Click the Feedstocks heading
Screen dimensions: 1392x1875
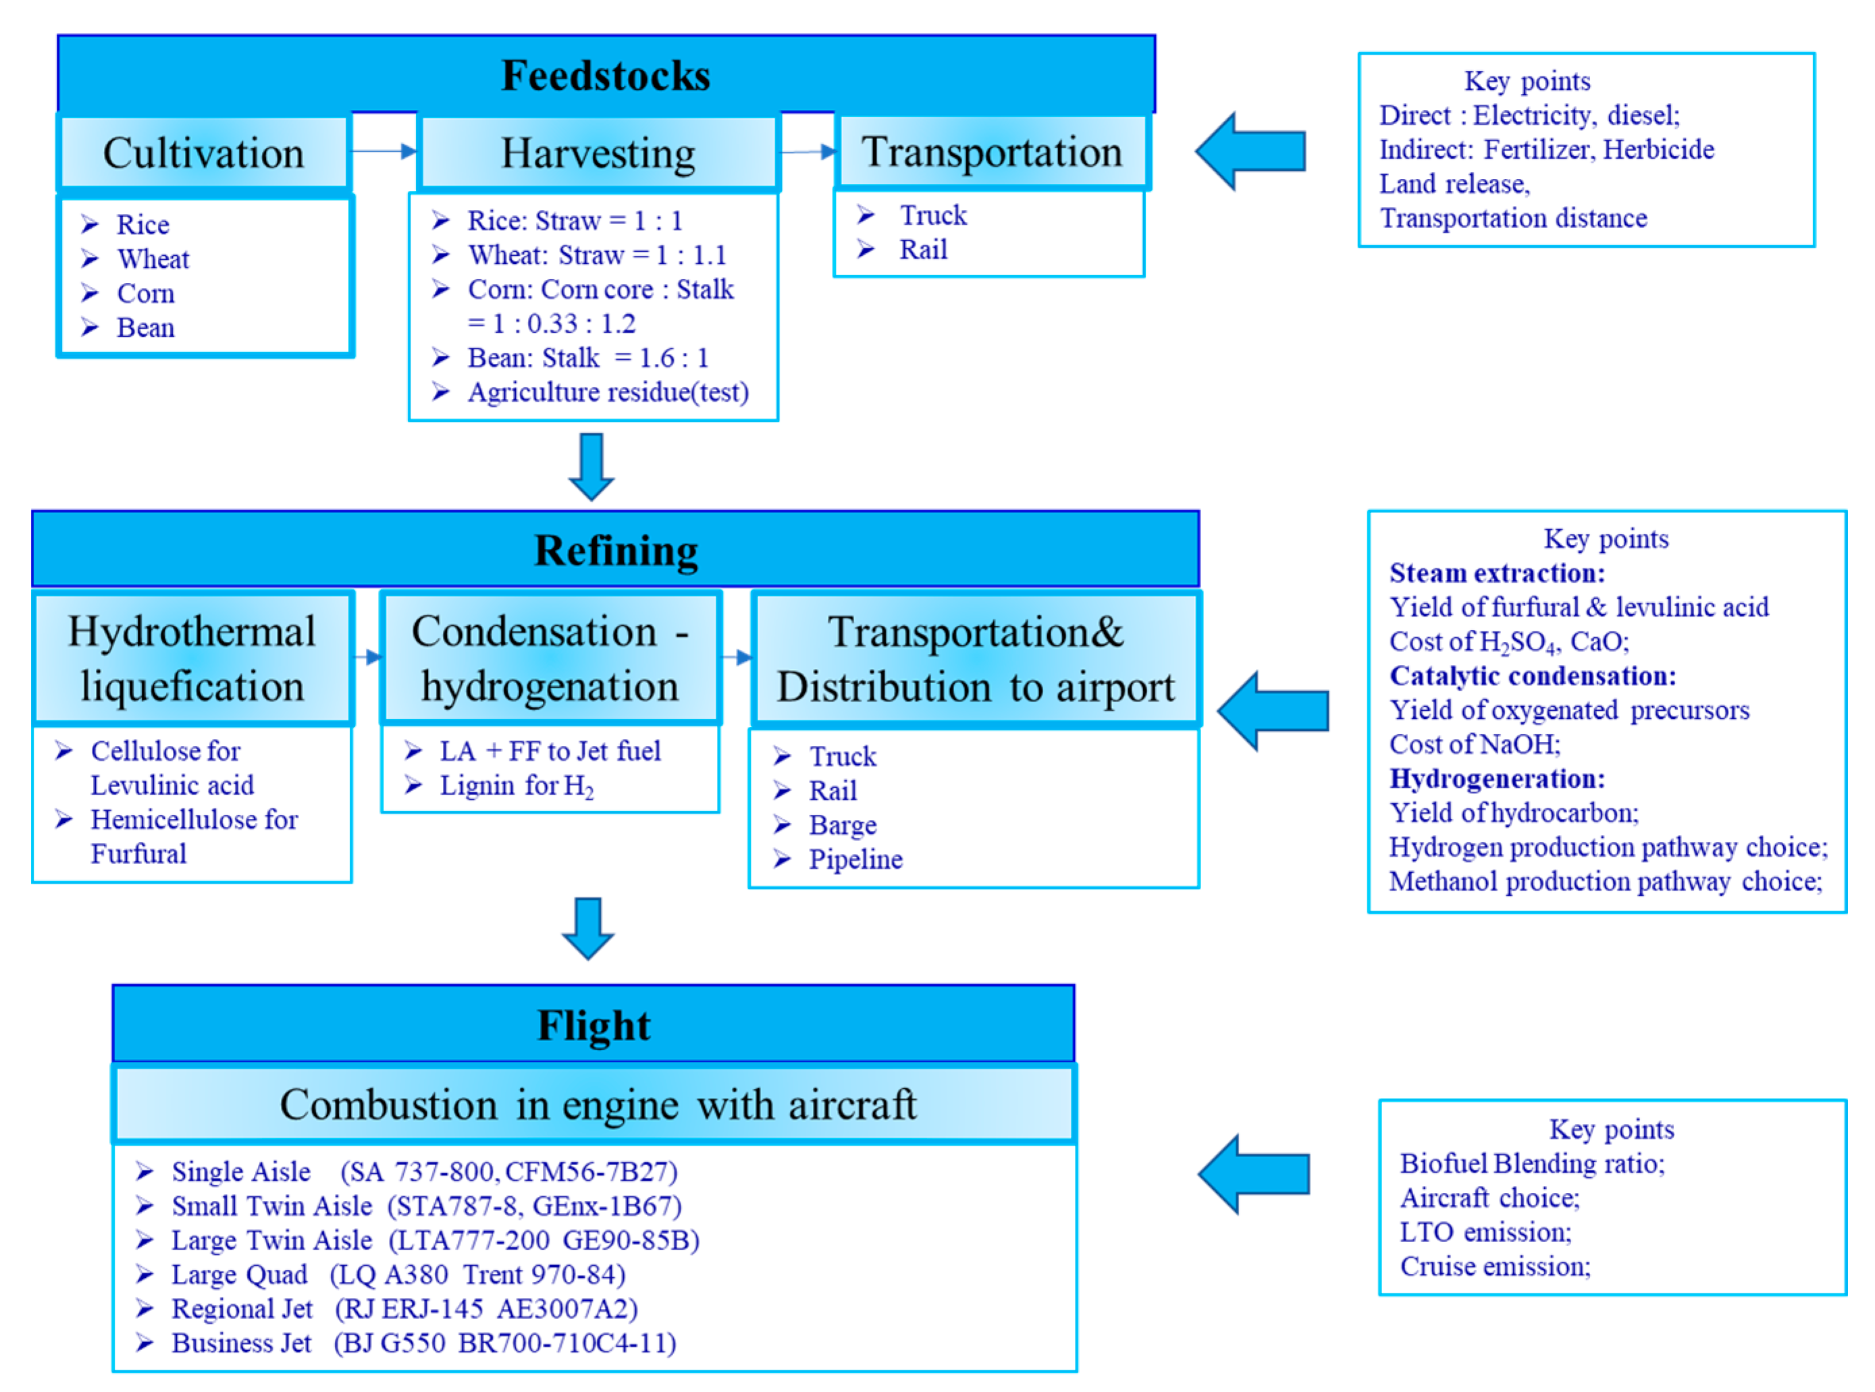tap(605, 76)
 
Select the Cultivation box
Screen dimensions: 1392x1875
tap(203, 153)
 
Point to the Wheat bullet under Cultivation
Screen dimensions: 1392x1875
tap(153, 259)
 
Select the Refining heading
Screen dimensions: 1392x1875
tap(616, 551)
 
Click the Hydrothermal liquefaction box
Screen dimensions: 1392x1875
tap(192, 659)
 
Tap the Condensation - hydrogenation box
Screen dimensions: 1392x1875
tap(550, 659)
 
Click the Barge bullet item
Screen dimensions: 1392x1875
tap(842, 826)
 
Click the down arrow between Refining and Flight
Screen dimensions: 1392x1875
tap(587, 928)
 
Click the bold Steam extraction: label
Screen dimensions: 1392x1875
tap(1497, 574)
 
